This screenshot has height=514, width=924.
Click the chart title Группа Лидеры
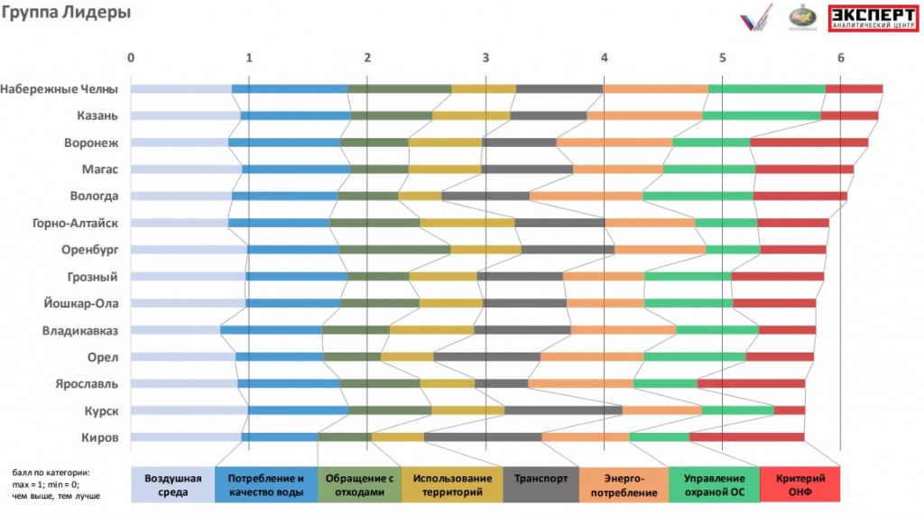[66, 14]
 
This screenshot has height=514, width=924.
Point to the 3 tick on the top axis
[485, 58]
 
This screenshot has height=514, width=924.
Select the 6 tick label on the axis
[840, 58]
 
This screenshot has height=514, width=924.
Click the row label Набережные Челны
[59, 88]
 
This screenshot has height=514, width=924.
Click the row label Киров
[99, 437]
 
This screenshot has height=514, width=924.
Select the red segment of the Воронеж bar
[808, 142]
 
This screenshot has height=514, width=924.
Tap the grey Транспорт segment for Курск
[562, 411]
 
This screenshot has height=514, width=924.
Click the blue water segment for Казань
[295, 115]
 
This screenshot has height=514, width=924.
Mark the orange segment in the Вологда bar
[587, 196]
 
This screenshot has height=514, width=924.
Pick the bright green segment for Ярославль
[665, 384]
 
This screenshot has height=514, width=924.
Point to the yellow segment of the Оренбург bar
[485, 250]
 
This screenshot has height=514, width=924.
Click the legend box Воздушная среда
[173, 484]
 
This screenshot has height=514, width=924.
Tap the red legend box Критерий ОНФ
[800, 484]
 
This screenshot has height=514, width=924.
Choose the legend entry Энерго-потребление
[624, 484]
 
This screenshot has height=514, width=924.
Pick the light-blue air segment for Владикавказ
[175, 330]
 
